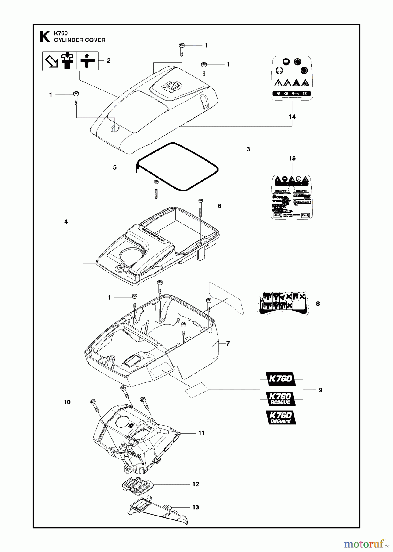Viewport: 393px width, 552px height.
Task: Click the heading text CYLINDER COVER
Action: point(80,40)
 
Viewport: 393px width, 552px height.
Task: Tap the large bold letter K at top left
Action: point(45,37)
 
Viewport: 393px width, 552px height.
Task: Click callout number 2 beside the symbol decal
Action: point(109,60)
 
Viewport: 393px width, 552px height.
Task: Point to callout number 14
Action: point(292,117)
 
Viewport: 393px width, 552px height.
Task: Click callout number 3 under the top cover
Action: point(248,149)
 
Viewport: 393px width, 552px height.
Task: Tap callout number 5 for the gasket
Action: point(115,167)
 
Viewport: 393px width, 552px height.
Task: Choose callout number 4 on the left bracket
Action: point(66,221)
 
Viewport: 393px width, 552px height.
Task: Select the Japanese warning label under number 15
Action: point(292,197)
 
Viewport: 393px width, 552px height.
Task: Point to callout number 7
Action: point(228,343)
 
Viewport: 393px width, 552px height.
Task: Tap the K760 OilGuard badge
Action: point(280,417)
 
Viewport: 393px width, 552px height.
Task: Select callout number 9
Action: point(320,390)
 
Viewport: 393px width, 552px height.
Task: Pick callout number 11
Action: point(201,433)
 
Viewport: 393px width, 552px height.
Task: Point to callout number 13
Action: point(196,507)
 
